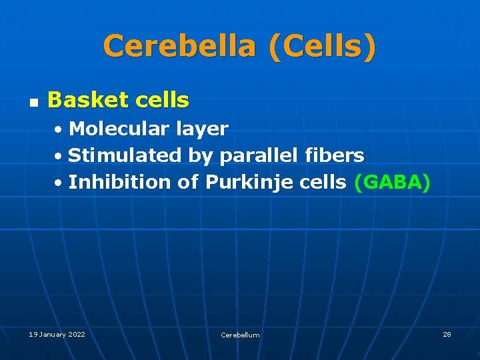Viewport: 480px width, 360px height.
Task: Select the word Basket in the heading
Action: pyautogui.click(x=86, y=101)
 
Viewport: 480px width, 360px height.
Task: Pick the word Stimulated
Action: pyautogui.click(x=125, y=155)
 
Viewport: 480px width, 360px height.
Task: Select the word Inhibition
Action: pyautogui.click(x=120, y=182)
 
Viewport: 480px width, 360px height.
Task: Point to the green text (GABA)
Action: pyautogui.click(x=392, y=182)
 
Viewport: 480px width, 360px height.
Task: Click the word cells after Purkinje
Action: pyautogui.click(x=323, y=182)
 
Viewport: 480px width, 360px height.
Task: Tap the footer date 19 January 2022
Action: pyautogui.click(x=57, y=334)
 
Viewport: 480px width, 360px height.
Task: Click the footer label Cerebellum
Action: pyautogui.click(x=240, y=335)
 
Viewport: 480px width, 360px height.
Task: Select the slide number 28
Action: pyautogui.click(x=447, y=334)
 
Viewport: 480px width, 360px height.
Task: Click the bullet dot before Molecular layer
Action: pyautogui.click(x=59, y=129)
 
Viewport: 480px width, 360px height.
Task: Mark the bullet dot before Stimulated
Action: pyautogui.click(x=59, y=156)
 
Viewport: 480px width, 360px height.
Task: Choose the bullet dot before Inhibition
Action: pyautogui.click(x=59, y=183)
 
